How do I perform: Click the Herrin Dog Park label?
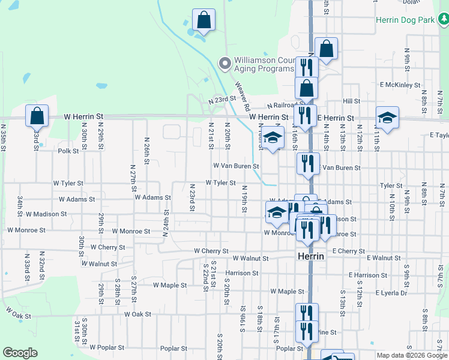tap(405, 20)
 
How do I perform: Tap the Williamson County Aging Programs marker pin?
tap(224, 63)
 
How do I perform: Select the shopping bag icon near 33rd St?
tap(37, 115)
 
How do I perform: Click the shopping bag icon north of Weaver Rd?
tap(203, 19)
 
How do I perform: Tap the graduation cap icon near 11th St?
tap(387, 118)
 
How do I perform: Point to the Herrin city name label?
tap(311, 256)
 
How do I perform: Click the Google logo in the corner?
tap(20, 353)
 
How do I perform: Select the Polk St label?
tap(68, 151)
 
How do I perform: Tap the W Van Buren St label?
tap(236, 166)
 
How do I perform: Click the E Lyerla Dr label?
tap(391, 293)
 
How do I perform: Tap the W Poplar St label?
tap(107, 347)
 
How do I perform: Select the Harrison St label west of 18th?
tap(242, 273)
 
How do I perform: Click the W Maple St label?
tap(170, 285)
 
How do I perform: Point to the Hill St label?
tap(351, 101)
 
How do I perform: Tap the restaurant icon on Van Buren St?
tap(308, 163)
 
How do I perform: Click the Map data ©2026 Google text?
tap(412, 355)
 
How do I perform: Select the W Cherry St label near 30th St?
tap(108, 247)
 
